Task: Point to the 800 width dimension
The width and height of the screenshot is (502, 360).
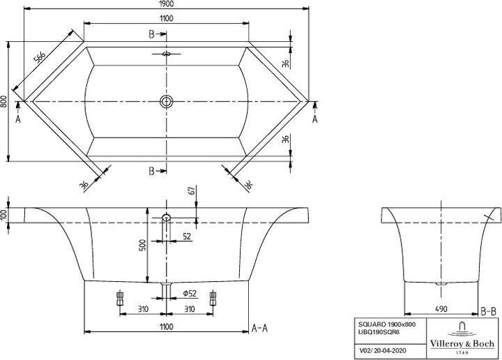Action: (5, 102)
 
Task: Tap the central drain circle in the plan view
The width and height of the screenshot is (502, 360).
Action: (166, 102)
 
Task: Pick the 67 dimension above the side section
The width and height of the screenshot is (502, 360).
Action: (190, 190)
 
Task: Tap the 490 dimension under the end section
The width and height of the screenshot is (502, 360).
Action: (441, 307)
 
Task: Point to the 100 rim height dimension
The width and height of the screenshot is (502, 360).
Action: (5, 215)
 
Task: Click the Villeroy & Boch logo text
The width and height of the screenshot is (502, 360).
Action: (462, 344)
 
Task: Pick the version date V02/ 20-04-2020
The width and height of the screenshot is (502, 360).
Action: (379, 349)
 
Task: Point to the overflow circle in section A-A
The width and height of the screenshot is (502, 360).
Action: (166, 218)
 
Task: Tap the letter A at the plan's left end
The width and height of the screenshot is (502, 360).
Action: (18, 119)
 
